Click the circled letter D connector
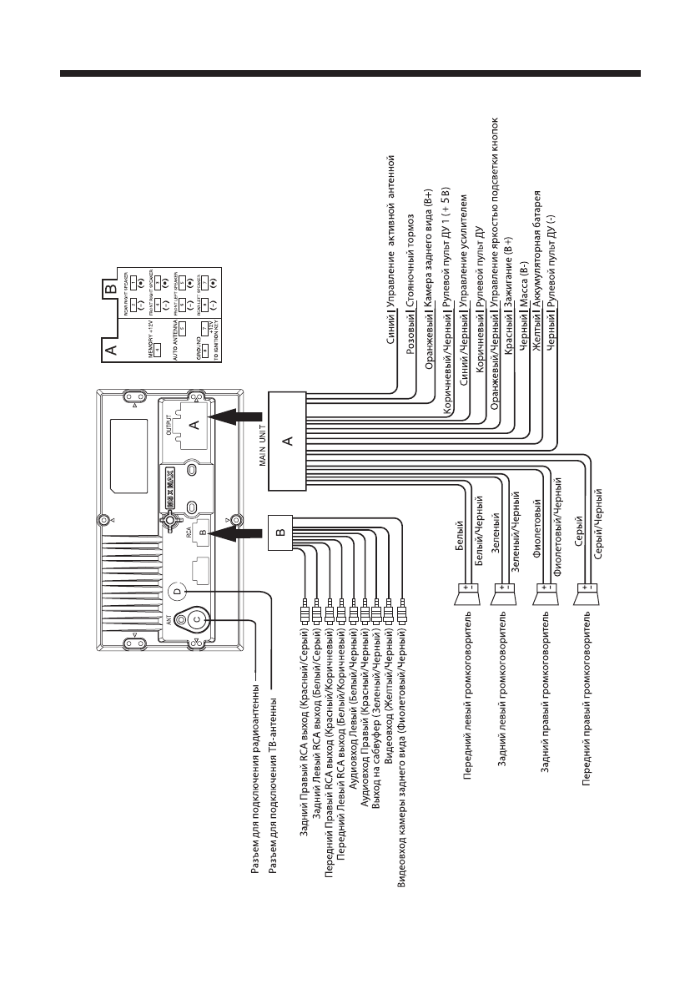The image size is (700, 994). click(177, 590)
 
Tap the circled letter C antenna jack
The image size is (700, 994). click(197, 618)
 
